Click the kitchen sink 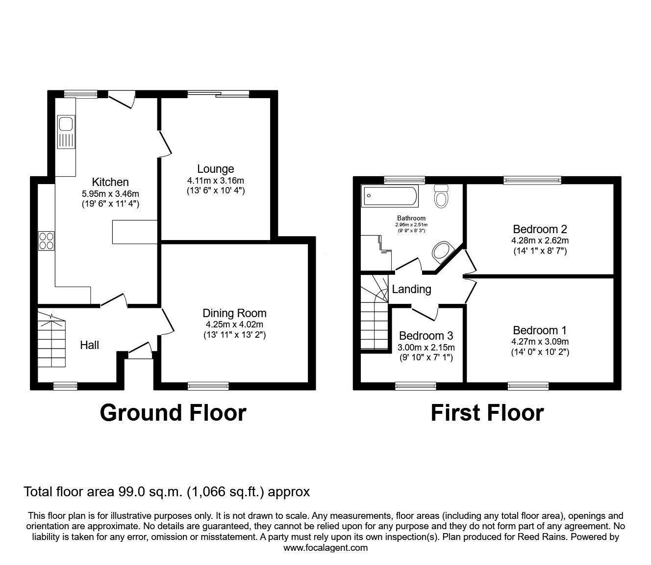pyautogui.click(x=66, y=132)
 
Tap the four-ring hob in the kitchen pyautogui.click(x=46, y=241)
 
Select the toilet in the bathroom pyautogui.click(x=441, y=196)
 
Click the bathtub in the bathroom pyautogui.click(x=390, y=196)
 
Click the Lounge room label pyautogui.click(x=215, y=169)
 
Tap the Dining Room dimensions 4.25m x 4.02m pyautogui.click(x=235, y=324)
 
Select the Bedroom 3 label pyautogui.click(x=426, y=336)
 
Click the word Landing pyautogui.click(x=411, y=289)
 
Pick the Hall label pyautogui.click(x=89, y=345)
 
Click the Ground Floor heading pyautogui.click(x=173, y=413)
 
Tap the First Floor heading pyautogui.click(x=487, y=413)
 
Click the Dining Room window pyautogui.click(x=208, y=386)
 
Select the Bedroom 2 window pyautogui.click(x=532, y=180)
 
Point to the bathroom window pyautogui.click(x=405, y=180)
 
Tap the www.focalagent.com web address pyautogui.click(x=325, y=548)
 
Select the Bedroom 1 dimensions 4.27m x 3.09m pyautogui.click(x=540, y=341)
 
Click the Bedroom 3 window pyautogui.click(x=416, y=386)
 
